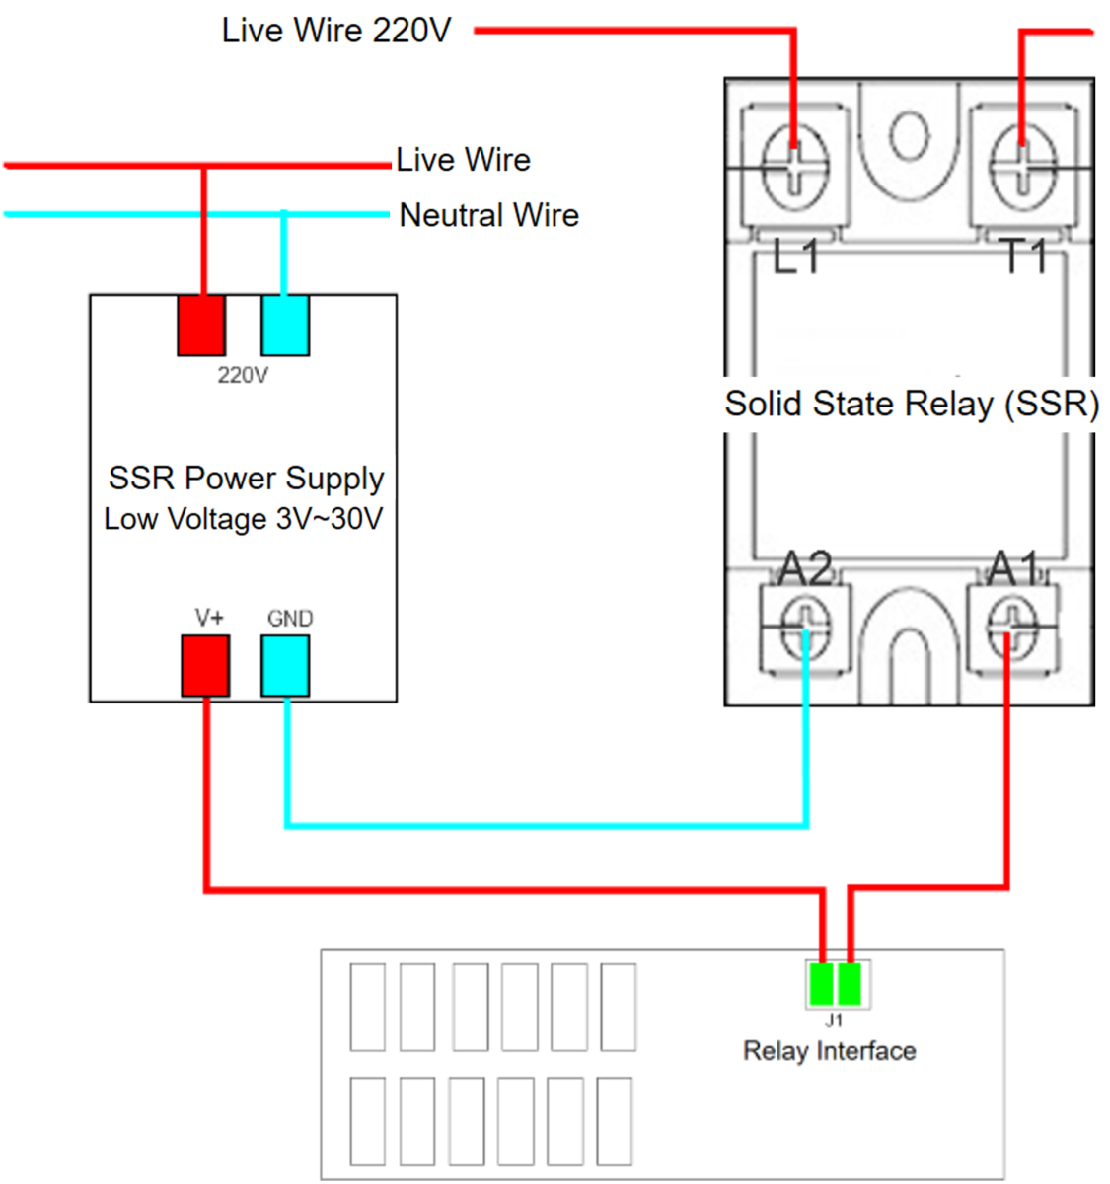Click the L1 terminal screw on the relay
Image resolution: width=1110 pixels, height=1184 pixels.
(795, 169)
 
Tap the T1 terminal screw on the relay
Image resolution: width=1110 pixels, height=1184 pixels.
(1022, 168)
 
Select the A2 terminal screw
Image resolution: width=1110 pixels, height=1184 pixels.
(804, 627)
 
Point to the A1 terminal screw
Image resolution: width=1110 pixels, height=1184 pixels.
(1012, 626)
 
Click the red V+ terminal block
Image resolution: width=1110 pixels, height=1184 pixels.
(205, 665)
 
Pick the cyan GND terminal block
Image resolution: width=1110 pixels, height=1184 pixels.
(285, 665)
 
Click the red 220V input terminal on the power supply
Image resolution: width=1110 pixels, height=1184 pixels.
(201, 326)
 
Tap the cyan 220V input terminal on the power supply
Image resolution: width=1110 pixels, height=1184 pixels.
(285, 326)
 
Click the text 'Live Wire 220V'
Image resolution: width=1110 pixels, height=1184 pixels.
(336, 31)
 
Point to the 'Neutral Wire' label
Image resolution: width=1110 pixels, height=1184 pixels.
(489, 215)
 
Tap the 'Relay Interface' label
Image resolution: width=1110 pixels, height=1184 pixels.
(829, 1051)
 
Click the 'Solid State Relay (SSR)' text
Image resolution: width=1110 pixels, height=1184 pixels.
(912, 404)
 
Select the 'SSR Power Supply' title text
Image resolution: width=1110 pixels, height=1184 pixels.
(247, 479)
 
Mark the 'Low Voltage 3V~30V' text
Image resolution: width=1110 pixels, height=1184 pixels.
(244, 519)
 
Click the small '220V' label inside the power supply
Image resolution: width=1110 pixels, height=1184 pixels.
(243, 375)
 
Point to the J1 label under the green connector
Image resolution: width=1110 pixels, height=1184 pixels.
(834, 1020)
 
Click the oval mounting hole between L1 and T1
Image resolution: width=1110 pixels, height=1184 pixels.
(909, 136)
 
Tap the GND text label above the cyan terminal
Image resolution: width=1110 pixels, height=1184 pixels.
(290, 619)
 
